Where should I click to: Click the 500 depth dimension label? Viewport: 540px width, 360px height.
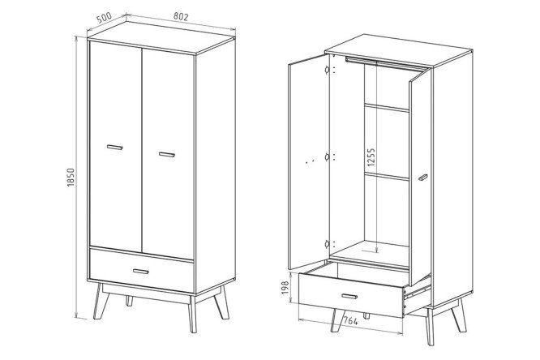tap(104, 18)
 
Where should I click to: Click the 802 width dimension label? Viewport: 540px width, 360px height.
tap(181, 16)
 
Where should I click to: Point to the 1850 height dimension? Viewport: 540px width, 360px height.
tap(71, 178)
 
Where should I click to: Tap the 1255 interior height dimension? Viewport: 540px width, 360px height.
tap(371, 157)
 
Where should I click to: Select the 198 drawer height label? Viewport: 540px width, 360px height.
tap(285, 287)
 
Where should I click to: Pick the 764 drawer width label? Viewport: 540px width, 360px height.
tap(350, 321)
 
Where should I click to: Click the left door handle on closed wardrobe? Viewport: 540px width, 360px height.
tap(114, 147)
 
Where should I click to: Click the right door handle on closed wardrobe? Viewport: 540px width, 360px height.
tap(167, 154)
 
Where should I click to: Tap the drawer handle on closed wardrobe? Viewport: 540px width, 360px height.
tap(141, 271)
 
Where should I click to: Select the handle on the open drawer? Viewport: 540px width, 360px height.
tap(349, 296)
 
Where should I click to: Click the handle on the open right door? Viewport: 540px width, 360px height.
tap(423, 178)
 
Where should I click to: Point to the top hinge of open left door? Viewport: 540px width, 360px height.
tap(327, 70)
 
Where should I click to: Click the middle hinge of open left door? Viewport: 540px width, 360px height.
tap(327, 157)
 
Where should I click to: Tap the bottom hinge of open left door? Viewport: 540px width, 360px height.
tap(327, 244)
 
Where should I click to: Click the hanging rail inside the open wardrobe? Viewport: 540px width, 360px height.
tap(386, 64)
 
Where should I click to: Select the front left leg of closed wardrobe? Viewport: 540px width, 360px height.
tap(101, 302)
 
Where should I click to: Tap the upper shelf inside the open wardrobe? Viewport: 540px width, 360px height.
tap(387, 108)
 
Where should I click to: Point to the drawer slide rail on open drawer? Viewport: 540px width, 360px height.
tap(417, 292)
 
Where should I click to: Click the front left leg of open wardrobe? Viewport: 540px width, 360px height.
tap(337, 320)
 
